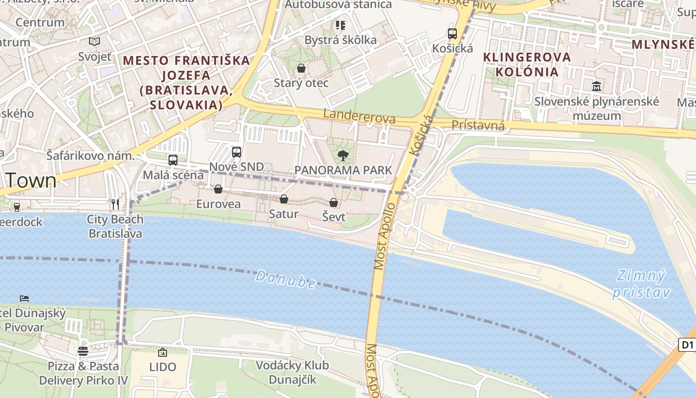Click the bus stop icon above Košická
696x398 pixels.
452,34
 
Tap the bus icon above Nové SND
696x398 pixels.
237,152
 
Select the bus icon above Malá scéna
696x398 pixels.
173,160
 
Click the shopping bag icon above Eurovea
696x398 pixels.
218,189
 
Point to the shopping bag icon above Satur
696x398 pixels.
284,199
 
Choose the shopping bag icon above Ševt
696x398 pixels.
334,202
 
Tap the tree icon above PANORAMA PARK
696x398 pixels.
343,156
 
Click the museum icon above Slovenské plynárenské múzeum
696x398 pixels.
597,87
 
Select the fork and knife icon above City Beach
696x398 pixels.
115,204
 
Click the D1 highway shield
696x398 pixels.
687,345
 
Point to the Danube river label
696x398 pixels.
285,280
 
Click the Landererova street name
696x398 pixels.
359,116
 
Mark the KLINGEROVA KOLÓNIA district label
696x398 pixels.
527,64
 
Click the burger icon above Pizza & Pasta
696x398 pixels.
83,351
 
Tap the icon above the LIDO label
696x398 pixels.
163,352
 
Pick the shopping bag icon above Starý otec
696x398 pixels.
301,68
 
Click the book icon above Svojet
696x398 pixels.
94,42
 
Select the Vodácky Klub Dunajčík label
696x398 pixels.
292,373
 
